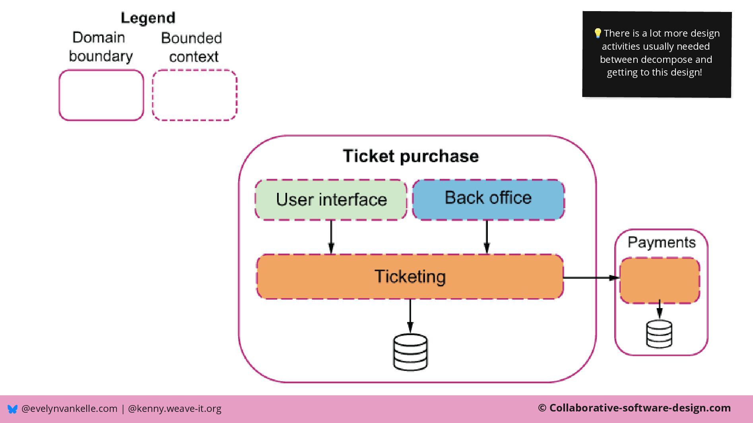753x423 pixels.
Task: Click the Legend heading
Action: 148,18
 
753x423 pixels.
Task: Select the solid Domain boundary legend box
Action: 101,95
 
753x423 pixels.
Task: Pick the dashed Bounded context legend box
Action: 194,95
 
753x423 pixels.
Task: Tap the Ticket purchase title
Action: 411,156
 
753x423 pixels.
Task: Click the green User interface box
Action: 331,200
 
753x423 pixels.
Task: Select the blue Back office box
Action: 488,199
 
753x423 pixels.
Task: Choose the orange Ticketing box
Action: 410,277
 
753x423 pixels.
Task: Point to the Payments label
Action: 662,243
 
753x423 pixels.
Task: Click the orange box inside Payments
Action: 660,280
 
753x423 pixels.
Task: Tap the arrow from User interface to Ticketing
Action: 331,237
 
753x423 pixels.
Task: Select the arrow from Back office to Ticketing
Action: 487,237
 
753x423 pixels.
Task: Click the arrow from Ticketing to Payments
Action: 591,277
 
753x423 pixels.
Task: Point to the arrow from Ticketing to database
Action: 410,316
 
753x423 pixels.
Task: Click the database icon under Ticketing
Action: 410,352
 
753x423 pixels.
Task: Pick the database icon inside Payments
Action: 659,334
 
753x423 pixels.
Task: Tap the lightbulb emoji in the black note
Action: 598,33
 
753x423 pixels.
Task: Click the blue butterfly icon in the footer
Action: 13,409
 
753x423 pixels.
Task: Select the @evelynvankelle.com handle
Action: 70,409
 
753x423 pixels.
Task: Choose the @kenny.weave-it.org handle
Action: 175,409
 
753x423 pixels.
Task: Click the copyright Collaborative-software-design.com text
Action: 635,408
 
